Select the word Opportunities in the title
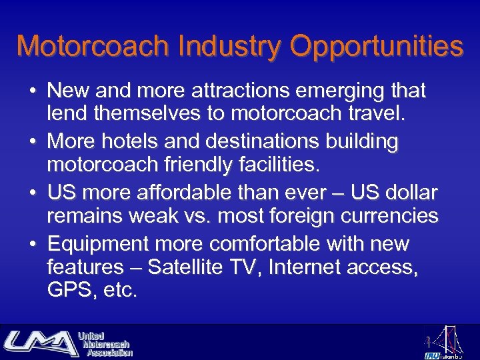click(377, 47)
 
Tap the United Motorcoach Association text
click(105, 343)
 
